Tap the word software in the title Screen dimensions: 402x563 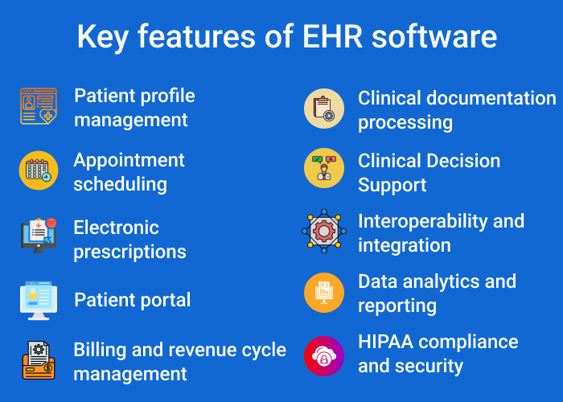point(432,37)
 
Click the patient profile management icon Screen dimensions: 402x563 point(39,106)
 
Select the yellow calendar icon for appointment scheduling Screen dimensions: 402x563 point(39,170)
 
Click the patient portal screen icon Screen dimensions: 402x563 point(39,300)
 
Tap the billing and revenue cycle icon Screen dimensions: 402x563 point(39,360)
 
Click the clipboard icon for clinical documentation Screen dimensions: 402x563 point(323,109)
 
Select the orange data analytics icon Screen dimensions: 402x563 point(323,293)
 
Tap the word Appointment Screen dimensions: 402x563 point(129,160)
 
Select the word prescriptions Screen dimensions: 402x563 point(129,252)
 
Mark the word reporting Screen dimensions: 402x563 point(397,306)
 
